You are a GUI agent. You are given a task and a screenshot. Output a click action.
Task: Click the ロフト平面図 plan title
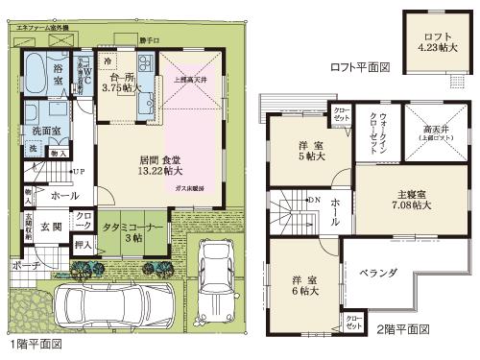tap(359, 67)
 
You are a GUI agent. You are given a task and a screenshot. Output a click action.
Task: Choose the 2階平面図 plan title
tap(403, 329)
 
